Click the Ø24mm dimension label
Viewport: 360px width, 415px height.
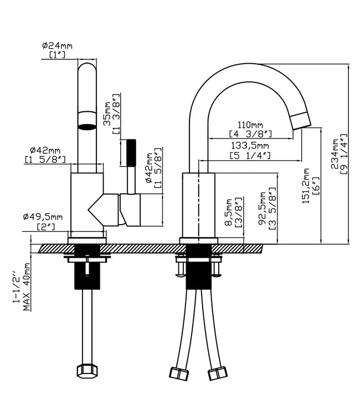57,46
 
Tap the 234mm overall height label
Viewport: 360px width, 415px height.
335,154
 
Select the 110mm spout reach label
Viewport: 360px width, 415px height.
250,124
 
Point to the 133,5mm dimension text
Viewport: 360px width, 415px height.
250,146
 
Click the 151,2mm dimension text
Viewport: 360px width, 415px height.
306,186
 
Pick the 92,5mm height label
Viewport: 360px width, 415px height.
263,209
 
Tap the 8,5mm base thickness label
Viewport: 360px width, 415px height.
228,212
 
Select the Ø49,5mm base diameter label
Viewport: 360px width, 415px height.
43,217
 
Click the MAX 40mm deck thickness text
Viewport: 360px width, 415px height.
26,287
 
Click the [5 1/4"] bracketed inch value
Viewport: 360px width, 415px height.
250,155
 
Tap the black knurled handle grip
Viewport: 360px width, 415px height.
131,153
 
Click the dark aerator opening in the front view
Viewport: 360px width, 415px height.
87,127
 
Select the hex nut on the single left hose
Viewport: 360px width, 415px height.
87,371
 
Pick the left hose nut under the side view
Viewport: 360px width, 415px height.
179,373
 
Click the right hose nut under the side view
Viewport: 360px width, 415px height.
218,373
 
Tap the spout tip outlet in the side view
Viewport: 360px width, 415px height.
300,121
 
